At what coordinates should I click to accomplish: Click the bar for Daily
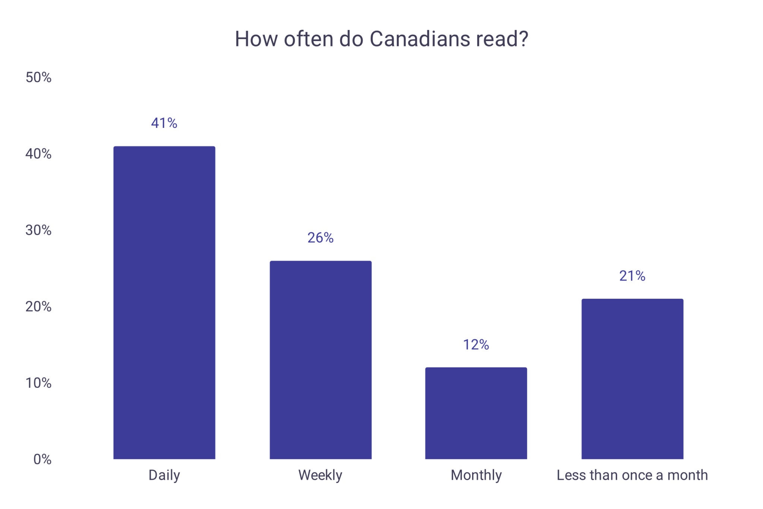click(x=164, y=302)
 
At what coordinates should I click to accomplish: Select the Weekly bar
click(x=320, y=360)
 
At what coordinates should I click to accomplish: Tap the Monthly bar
click(x=476, y=413)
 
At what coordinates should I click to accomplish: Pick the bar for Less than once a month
click(x=632, y=379)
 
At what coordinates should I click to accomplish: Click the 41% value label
click(x=164, y=123)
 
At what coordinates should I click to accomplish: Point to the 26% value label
click(x=320, y=238)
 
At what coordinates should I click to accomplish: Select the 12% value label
click(x=476, y=345)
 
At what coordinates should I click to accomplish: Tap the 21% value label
click(x=632, y=276)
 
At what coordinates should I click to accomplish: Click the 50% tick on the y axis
click(x=38, y=77)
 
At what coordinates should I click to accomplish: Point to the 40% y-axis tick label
click(x=38, y=154)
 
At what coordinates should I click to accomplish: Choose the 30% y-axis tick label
click(x=38, y=230)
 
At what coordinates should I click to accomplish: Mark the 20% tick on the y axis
click(x=38, y=307)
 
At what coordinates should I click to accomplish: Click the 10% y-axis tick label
click(x=38, y=383)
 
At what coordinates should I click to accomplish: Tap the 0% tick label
click(x=42, y=459)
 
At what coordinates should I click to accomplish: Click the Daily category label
click(x=164, y=475)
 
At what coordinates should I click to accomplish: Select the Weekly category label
click(x=320, y=475)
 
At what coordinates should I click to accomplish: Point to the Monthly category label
click(x=476, y=475)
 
